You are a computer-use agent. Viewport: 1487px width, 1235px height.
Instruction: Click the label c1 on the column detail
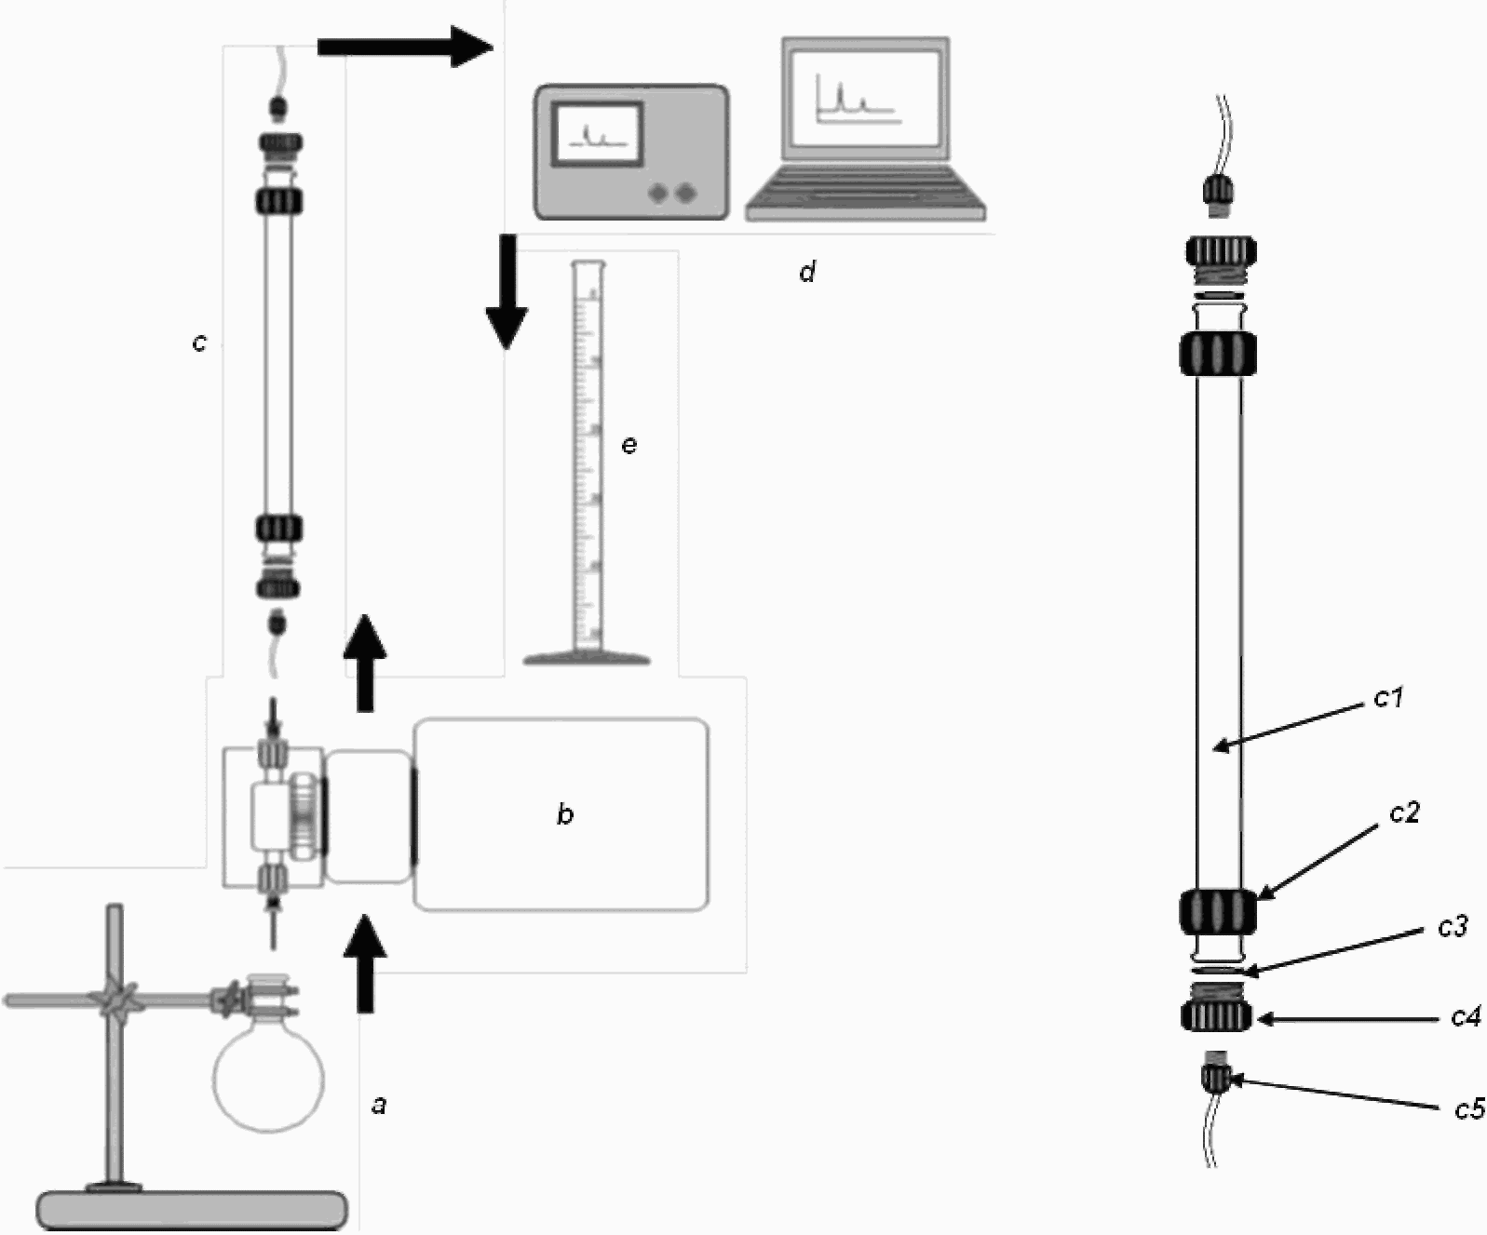(1388, 698)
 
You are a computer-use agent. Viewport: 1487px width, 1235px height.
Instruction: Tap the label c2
(1404, 812)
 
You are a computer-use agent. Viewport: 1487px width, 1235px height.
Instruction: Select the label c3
(1453, 927)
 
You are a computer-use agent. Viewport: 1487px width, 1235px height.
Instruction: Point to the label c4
(1467, 1017)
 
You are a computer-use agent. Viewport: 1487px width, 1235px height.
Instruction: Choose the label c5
(1469, 1108)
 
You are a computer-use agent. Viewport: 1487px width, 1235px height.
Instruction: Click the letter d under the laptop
(807, 271)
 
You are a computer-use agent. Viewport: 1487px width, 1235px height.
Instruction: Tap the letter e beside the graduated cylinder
(629, 445)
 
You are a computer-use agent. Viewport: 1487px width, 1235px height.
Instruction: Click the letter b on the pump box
(565, 813)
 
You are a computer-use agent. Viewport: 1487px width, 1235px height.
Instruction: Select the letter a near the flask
(380, 1105)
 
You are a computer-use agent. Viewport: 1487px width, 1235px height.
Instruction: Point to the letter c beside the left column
(199, 342)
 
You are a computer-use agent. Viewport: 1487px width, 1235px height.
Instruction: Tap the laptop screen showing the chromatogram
(866, 99)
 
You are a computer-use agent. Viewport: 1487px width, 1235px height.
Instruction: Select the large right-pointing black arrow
(405, 47)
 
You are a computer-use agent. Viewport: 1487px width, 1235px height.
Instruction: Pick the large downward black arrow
(507, 292)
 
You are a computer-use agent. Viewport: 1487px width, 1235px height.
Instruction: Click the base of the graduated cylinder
(587, 658)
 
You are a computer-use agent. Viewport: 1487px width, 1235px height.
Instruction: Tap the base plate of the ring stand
(193, 1209)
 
